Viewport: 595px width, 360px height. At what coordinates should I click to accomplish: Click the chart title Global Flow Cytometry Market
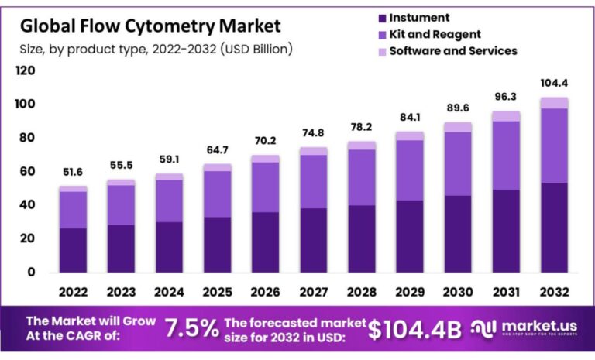click(150, 26)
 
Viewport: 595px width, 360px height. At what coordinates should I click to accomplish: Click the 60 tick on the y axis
click(29, 172)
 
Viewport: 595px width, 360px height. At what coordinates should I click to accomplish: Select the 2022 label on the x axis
click(73, 292)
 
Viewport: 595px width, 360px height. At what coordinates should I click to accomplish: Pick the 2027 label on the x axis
click(314, 292)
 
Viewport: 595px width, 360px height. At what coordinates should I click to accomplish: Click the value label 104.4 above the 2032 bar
click(555, 83)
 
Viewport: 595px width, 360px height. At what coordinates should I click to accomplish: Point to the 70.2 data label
click(266, 142)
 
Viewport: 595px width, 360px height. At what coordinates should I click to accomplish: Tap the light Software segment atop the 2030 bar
click(459, 127)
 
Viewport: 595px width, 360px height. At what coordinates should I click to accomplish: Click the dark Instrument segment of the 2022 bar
click(73, 249)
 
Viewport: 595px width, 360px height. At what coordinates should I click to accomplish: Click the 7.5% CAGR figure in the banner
click(191, 328)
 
